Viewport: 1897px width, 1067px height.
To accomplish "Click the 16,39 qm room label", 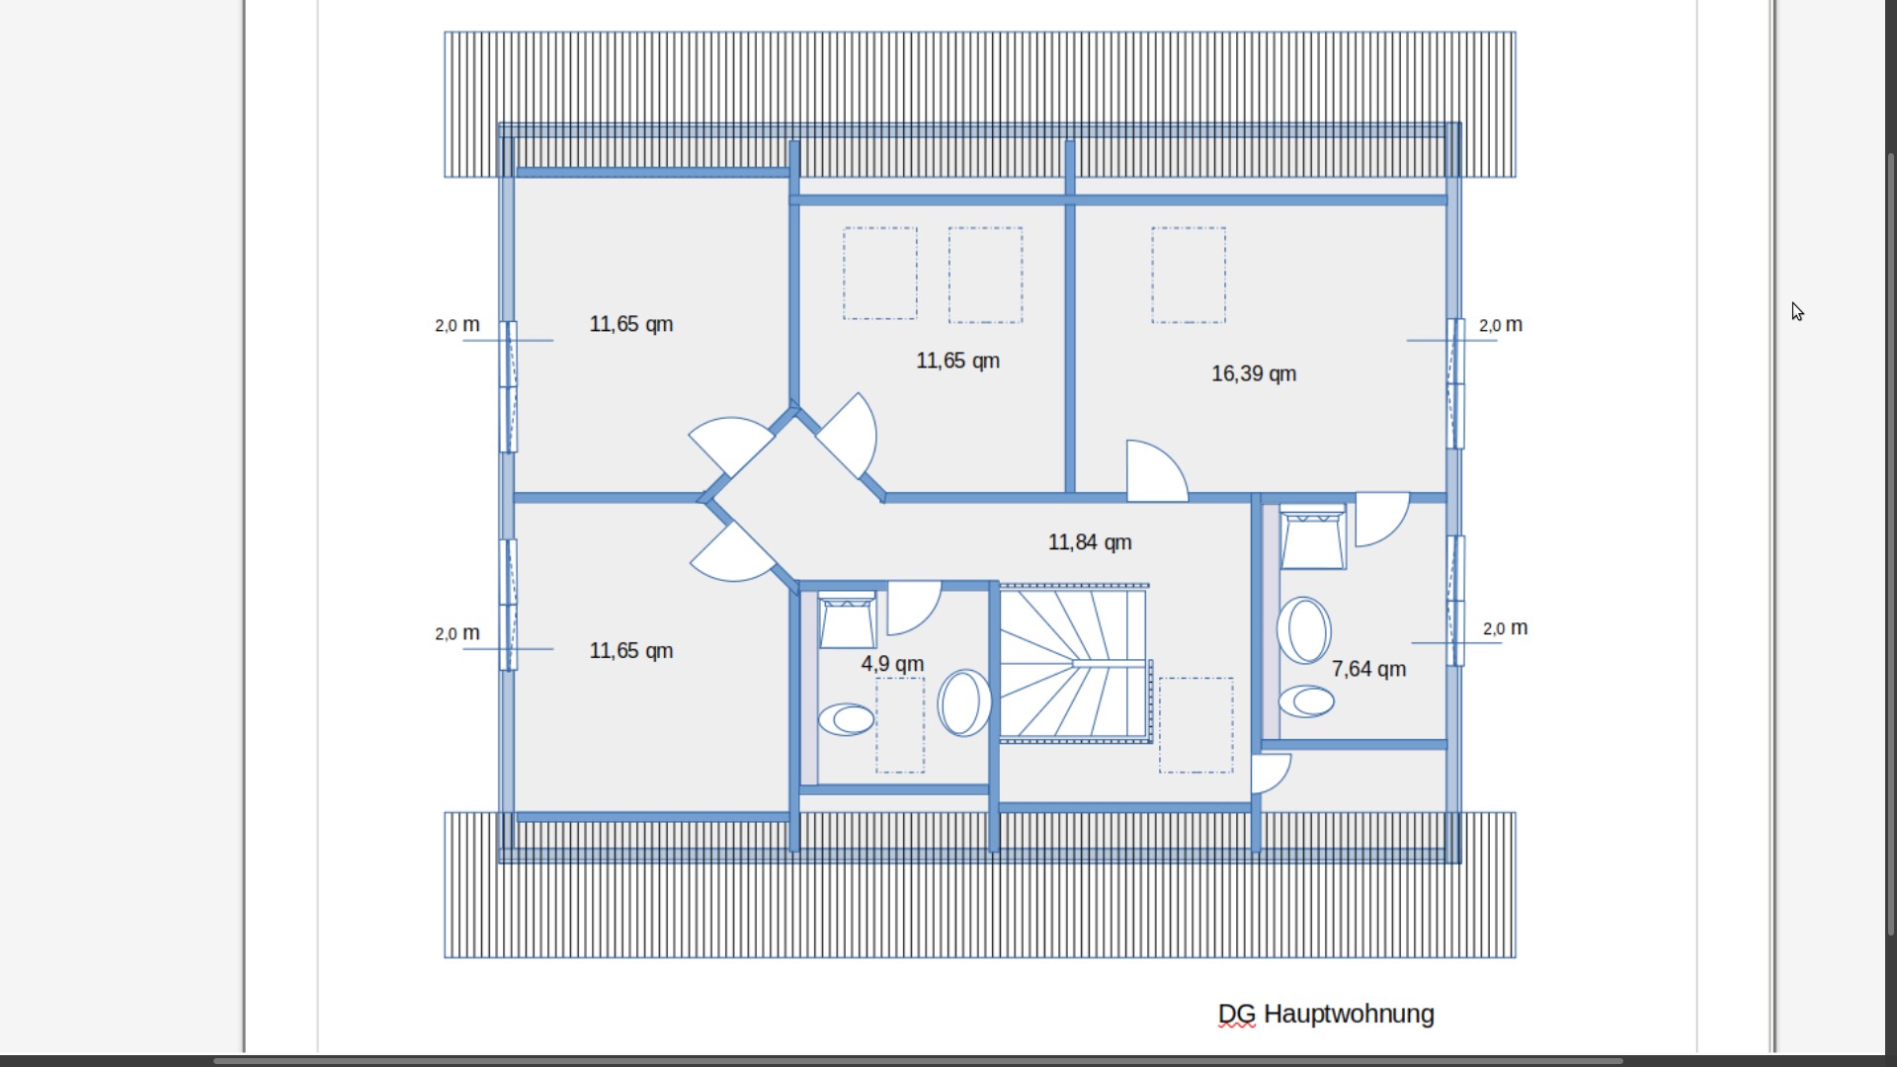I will pos(1253,373).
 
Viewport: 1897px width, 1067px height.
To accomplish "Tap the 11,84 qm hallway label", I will pos(1089,542).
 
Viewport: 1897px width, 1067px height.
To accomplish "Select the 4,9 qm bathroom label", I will pos(891,664).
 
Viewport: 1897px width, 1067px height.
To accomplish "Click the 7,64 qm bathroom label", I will pos(1367,669).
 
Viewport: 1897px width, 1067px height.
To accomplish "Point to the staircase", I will pos(1073,663).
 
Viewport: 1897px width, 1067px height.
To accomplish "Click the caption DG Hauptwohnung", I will pos(1325,1014).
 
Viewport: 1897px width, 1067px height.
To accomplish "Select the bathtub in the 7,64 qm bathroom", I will pos(1304,629).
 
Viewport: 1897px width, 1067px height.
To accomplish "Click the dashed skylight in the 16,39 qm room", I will pos(1188,275).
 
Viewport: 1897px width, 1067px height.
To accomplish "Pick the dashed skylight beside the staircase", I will pos(1196,724).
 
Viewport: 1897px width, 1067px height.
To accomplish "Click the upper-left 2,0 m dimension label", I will pos(457,324).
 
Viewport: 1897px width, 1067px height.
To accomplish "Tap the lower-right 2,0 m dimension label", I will pos(1505,627).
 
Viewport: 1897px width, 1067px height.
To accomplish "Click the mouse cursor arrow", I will pos(1797,312).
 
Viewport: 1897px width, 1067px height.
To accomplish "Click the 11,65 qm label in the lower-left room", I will pos(630,650).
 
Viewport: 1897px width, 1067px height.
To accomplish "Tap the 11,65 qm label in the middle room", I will pos(956,361).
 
